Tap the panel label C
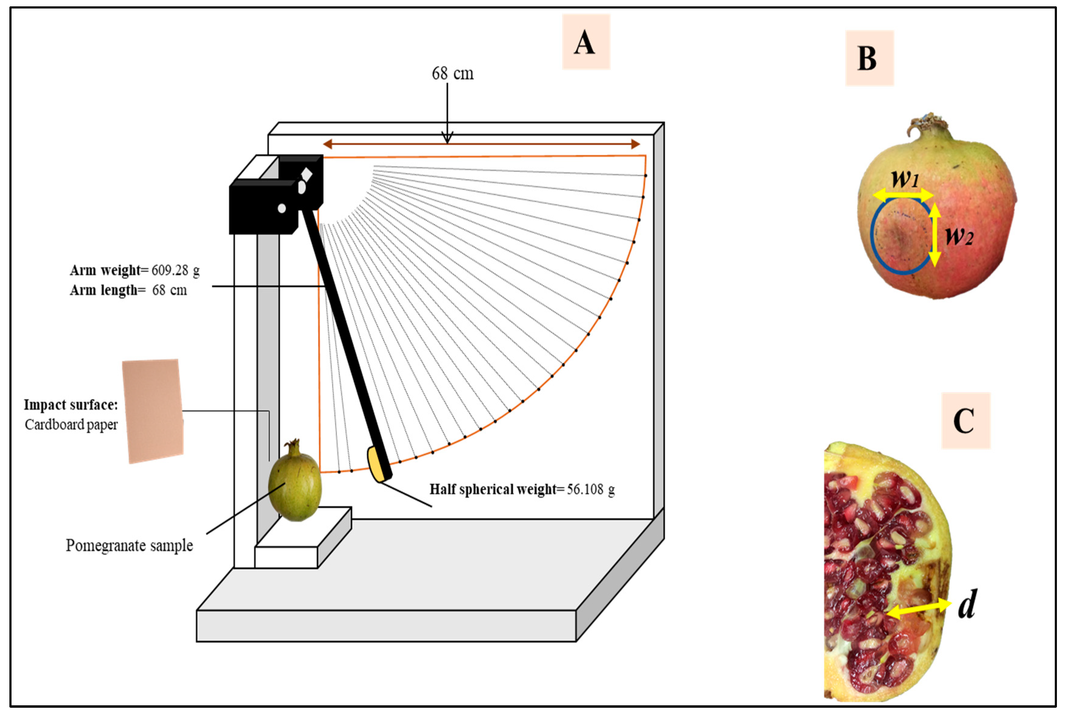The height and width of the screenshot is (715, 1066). coord(965,420)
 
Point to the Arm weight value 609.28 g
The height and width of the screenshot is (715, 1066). coord(176,270)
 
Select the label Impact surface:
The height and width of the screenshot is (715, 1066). coord(71,405)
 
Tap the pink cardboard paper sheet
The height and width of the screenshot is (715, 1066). coord(153,410)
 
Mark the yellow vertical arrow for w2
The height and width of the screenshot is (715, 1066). coord(934,234)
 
